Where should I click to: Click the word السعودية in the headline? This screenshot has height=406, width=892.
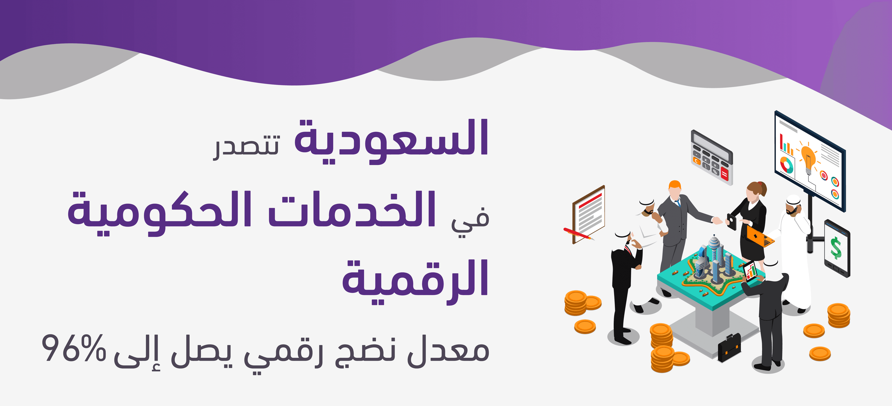(x=391, y=141)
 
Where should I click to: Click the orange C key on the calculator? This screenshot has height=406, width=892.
(x=696, y=161)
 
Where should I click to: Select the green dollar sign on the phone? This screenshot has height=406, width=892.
(x=836, y=248)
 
